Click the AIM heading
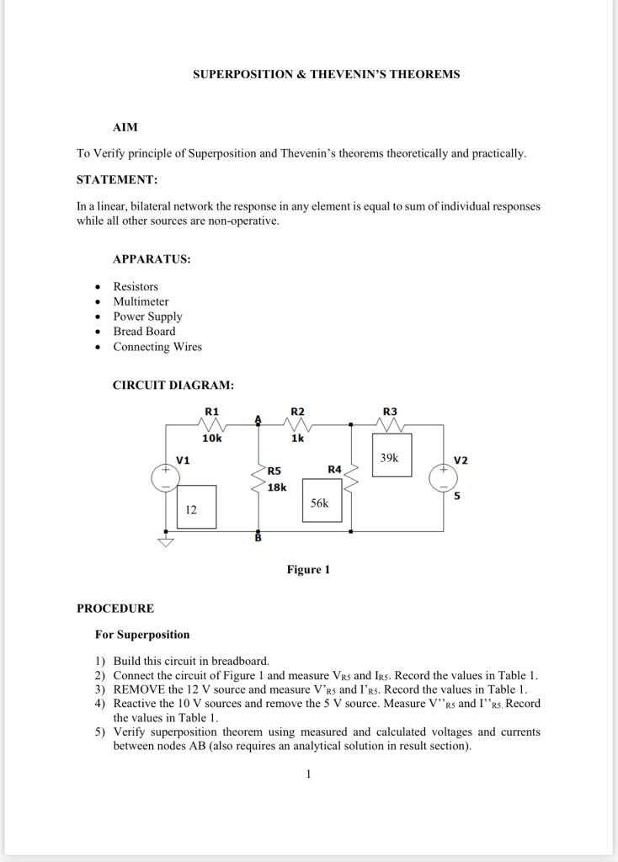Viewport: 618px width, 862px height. (x=125, y=127)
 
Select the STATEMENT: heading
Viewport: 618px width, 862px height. (x=117, y=180)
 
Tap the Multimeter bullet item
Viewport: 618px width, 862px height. (x=141, y=301)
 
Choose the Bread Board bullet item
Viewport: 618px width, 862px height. (x=144, y=332)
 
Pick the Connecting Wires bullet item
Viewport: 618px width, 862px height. (x=157, y=347)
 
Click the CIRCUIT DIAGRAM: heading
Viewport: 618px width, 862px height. (x=173, y=386)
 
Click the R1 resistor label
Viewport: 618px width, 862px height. (x=212, y=411)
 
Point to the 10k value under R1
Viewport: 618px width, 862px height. (x=212, y=439)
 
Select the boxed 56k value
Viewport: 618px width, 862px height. (x=320, y=503)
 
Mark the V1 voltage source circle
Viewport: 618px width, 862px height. (x=165, y=477)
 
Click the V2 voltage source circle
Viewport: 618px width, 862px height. (x=443, y=477)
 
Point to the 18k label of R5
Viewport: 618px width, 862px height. (x=277, y=487)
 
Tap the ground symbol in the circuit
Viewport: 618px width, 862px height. (x=165, y=541)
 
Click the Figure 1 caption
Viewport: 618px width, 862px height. (x=308, y=570)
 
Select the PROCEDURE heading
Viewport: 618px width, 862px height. (x=115, y=608)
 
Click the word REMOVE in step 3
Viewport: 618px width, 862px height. (x=140, y=689)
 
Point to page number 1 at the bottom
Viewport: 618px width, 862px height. (x=309, y=774)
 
